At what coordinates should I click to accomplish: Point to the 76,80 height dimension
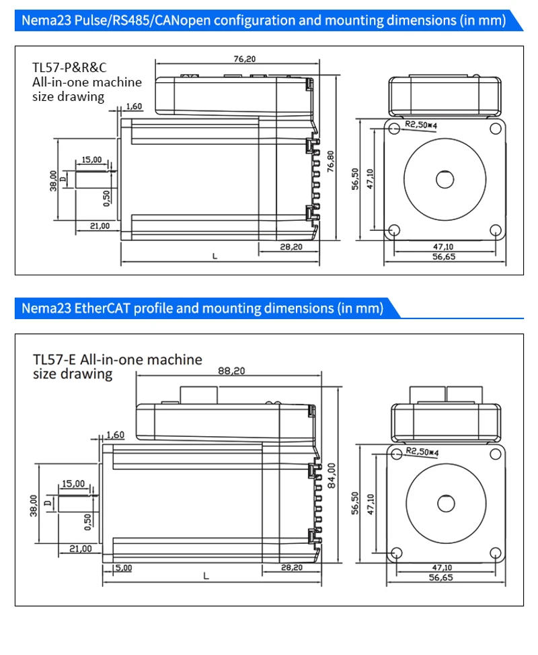click(x=330, y=162)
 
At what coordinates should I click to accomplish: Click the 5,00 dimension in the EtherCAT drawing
click(x=123, y=567)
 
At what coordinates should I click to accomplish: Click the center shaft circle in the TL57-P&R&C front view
click(x=445, y=179)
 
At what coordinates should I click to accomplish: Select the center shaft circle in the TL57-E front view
click(x=445, y=504)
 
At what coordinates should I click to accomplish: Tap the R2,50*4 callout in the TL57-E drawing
click(x=422, y=452)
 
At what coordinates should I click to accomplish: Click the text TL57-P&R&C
click(x=70, y=67)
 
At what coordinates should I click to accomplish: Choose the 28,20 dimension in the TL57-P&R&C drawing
click(x=291, y=247)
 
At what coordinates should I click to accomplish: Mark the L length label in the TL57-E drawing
click(x=206, y=576)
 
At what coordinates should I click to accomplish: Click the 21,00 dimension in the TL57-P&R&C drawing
click(x=100, y=226)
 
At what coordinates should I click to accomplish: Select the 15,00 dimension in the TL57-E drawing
click(x=73, y=483)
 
